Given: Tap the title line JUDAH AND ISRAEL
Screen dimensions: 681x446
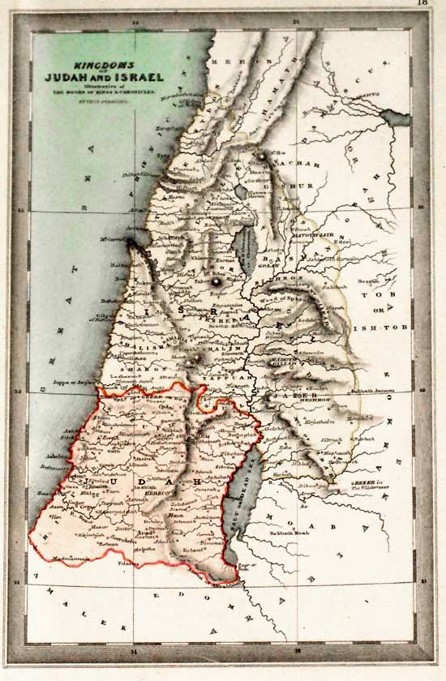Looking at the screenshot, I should pos(117,77).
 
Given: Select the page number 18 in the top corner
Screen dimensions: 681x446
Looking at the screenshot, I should pos(422,4).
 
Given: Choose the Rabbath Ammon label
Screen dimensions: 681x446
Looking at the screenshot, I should pos(374,392).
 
